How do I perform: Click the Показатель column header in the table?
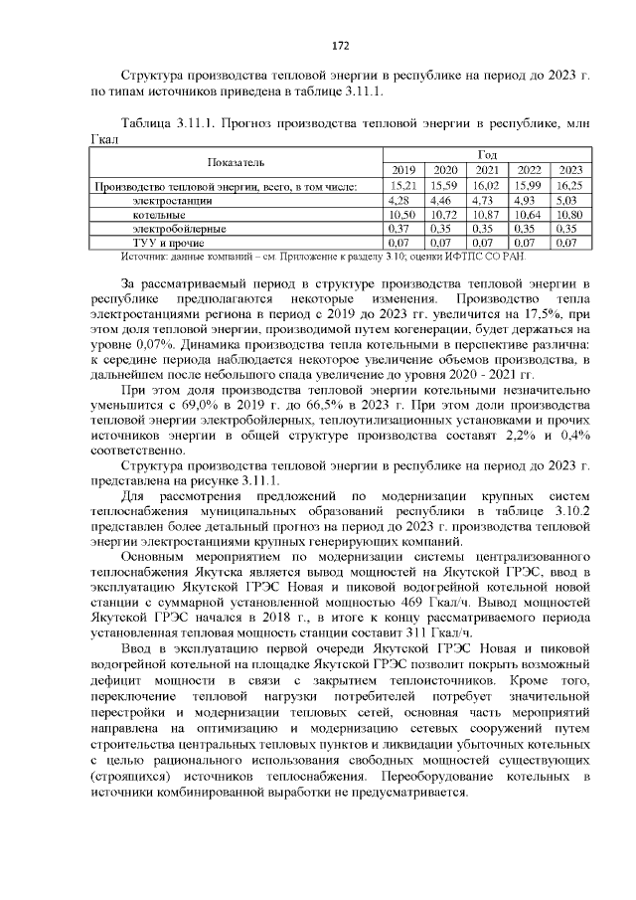point(236,161)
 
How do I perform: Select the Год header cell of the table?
point(487,154)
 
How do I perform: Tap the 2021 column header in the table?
point(487,169)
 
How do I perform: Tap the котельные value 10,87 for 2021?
point(487,214)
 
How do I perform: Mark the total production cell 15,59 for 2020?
point(445,185)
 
